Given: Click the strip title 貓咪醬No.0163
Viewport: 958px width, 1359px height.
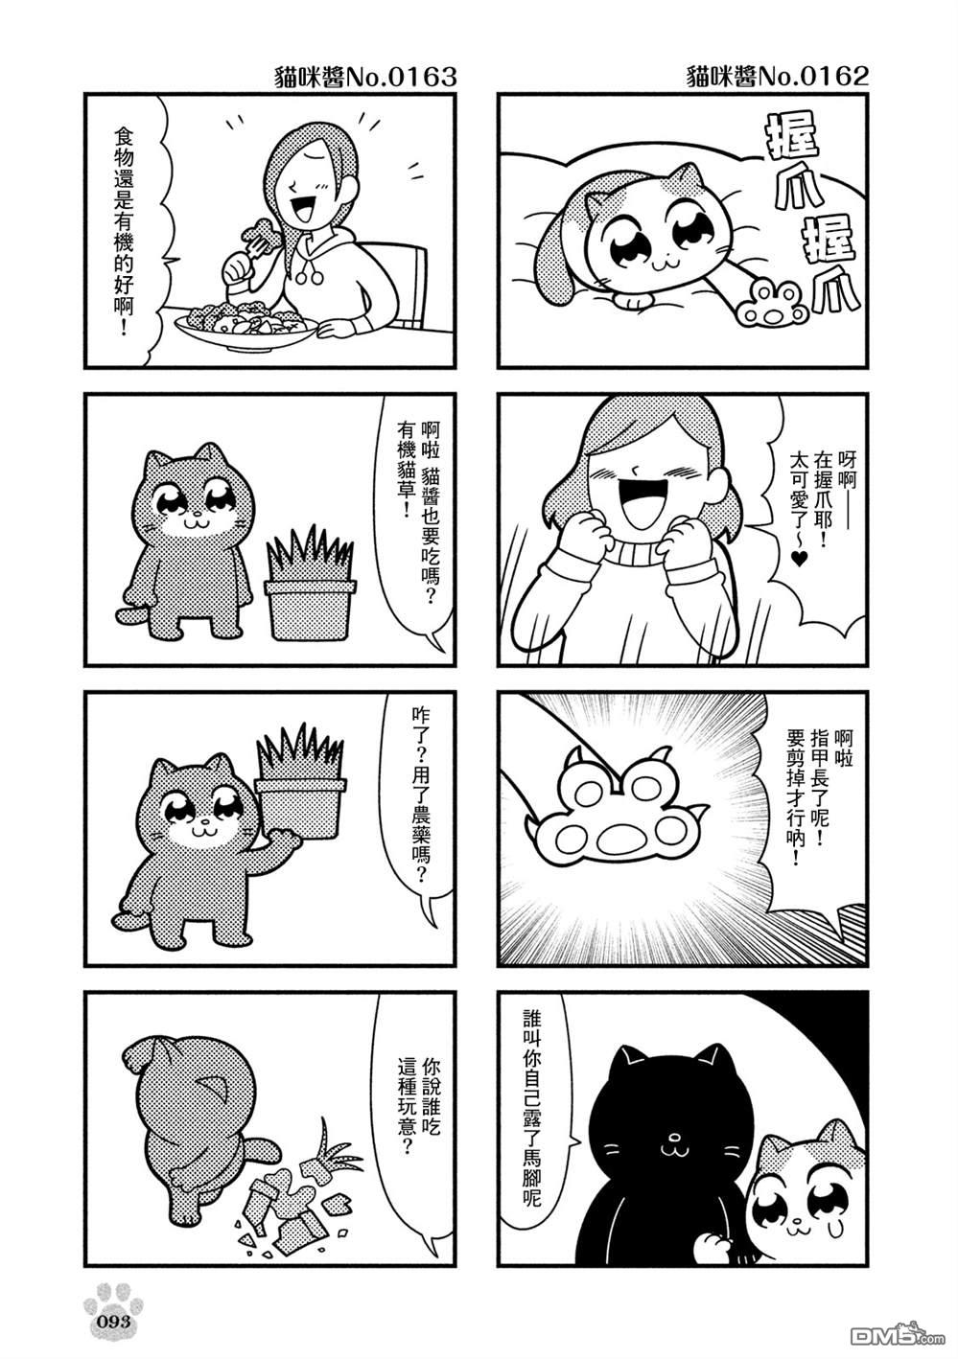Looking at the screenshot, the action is pos(364,78).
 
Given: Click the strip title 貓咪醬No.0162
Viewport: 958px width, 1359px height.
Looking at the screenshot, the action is pos(778,78).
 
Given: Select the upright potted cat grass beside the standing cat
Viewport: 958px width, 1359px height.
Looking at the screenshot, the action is pos(311,583).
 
